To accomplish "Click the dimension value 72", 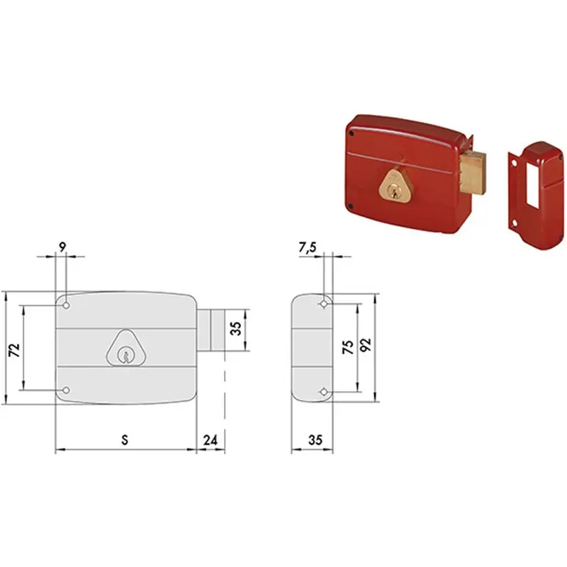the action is (x=14, y=350).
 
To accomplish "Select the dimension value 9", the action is (x=62, y=247).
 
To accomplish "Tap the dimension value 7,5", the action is (x=308, y=247).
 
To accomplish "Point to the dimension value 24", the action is (x=210, y=440).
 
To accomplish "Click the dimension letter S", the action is (x=125, y=440).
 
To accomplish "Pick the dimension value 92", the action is (x=366, y=345).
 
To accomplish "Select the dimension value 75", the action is (x=348, y=347).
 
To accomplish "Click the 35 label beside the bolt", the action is (x=235, y=328).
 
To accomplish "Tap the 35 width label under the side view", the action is (x=315, y=440).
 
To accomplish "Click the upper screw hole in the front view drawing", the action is (x=66, y=306).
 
